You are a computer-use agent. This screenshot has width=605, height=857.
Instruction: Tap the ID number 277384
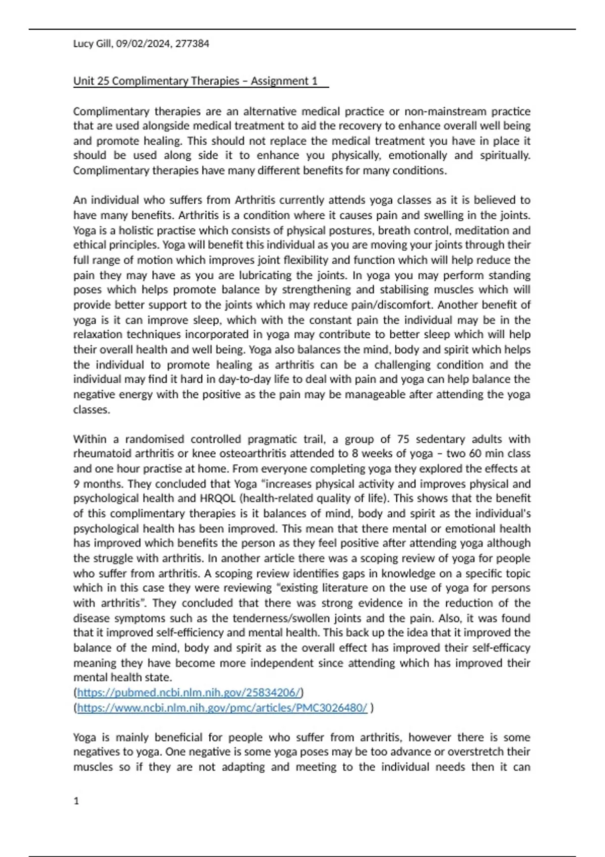point(193,44)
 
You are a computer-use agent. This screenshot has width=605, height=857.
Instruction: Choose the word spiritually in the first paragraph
point(505,155)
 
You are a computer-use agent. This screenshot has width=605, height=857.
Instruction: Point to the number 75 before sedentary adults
point(403,439)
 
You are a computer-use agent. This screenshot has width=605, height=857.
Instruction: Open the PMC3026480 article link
point(222,708)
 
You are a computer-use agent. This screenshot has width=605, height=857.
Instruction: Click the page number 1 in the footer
point(76,801)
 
